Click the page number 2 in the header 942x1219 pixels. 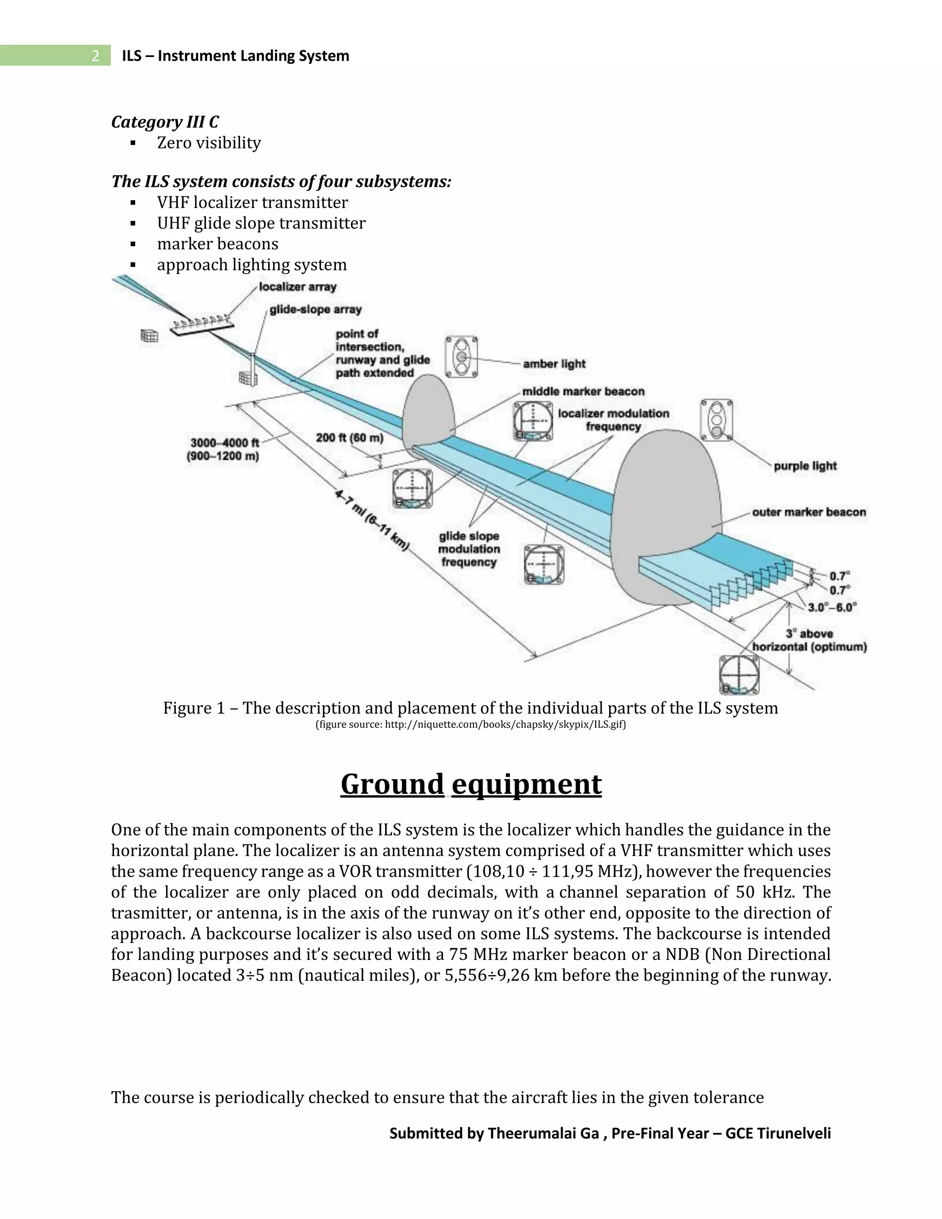(x=95, y=56)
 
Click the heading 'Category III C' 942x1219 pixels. (x=165, y=122)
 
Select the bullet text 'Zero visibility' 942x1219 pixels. (x=209, y=143)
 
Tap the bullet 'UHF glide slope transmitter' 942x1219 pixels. (x=261, y=223)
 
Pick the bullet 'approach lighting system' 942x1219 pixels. (x=252, y=264)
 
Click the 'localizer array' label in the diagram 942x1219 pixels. (x=298, y=287)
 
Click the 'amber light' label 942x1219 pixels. (x=554, y=364)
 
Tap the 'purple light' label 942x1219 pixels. (x=805, y=466)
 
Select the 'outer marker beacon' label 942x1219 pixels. (x=809, y=512)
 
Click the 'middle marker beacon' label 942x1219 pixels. (x=583, y=391)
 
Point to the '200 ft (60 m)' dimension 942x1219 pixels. (x=350, y=437)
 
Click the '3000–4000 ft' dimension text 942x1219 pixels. (x=224, y=443)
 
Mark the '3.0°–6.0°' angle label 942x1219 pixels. (x=832, y=607)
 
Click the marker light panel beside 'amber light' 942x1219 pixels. (x=461, y=356)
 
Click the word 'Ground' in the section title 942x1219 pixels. (x=392, y=784)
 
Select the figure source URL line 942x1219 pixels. (x=471, y=725)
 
